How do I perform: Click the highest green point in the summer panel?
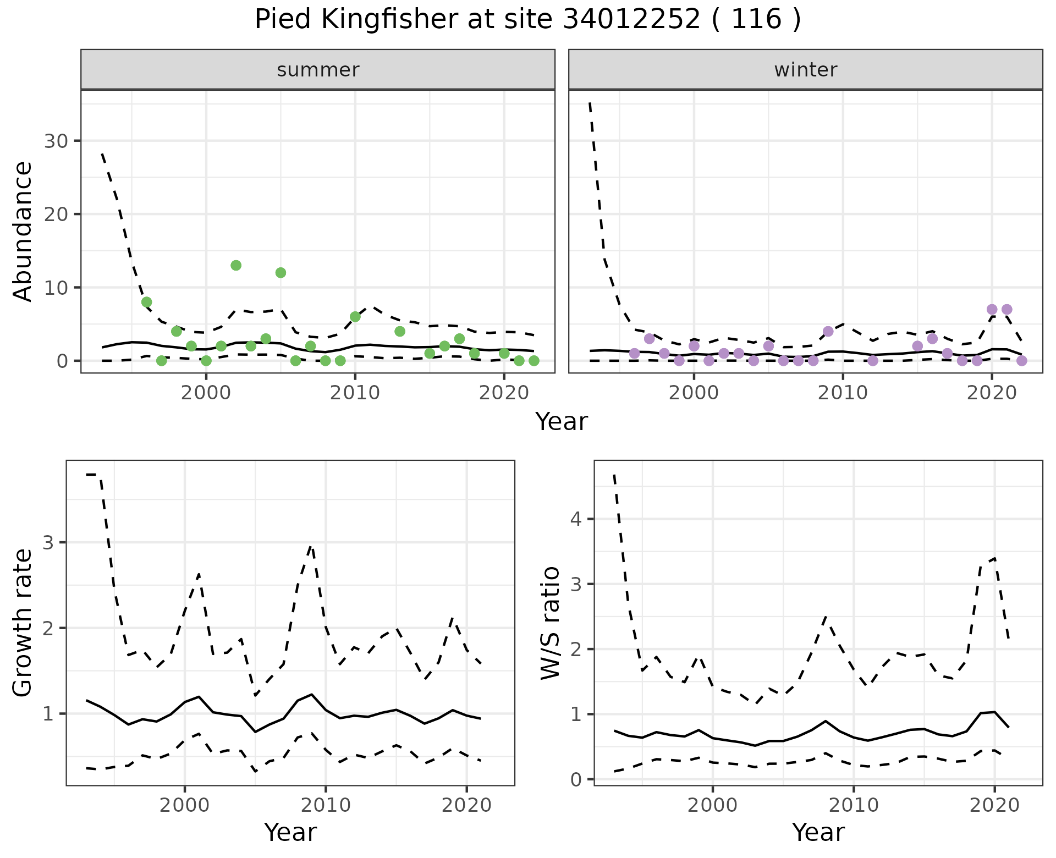coord(236,266)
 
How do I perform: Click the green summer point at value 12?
coord(280,273)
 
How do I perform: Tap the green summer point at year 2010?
coord(355,317)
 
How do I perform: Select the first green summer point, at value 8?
coord(146,302)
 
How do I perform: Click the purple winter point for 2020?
coord(992,310)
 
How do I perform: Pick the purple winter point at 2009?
coord(828,331)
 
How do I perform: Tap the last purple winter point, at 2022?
coord(1022,361)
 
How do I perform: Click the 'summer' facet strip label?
coord(318,70)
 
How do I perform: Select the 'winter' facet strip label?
coord(806,70)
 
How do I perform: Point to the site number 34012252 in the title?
coord(631,20)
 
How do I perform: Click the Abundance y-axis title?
coord(23,231)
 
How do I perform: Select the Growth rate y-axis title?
coord(23,623)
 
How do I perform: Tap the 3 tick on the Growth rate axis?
coord(48,543)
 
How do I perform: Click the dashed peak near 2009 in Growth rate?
coord(311,546)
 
